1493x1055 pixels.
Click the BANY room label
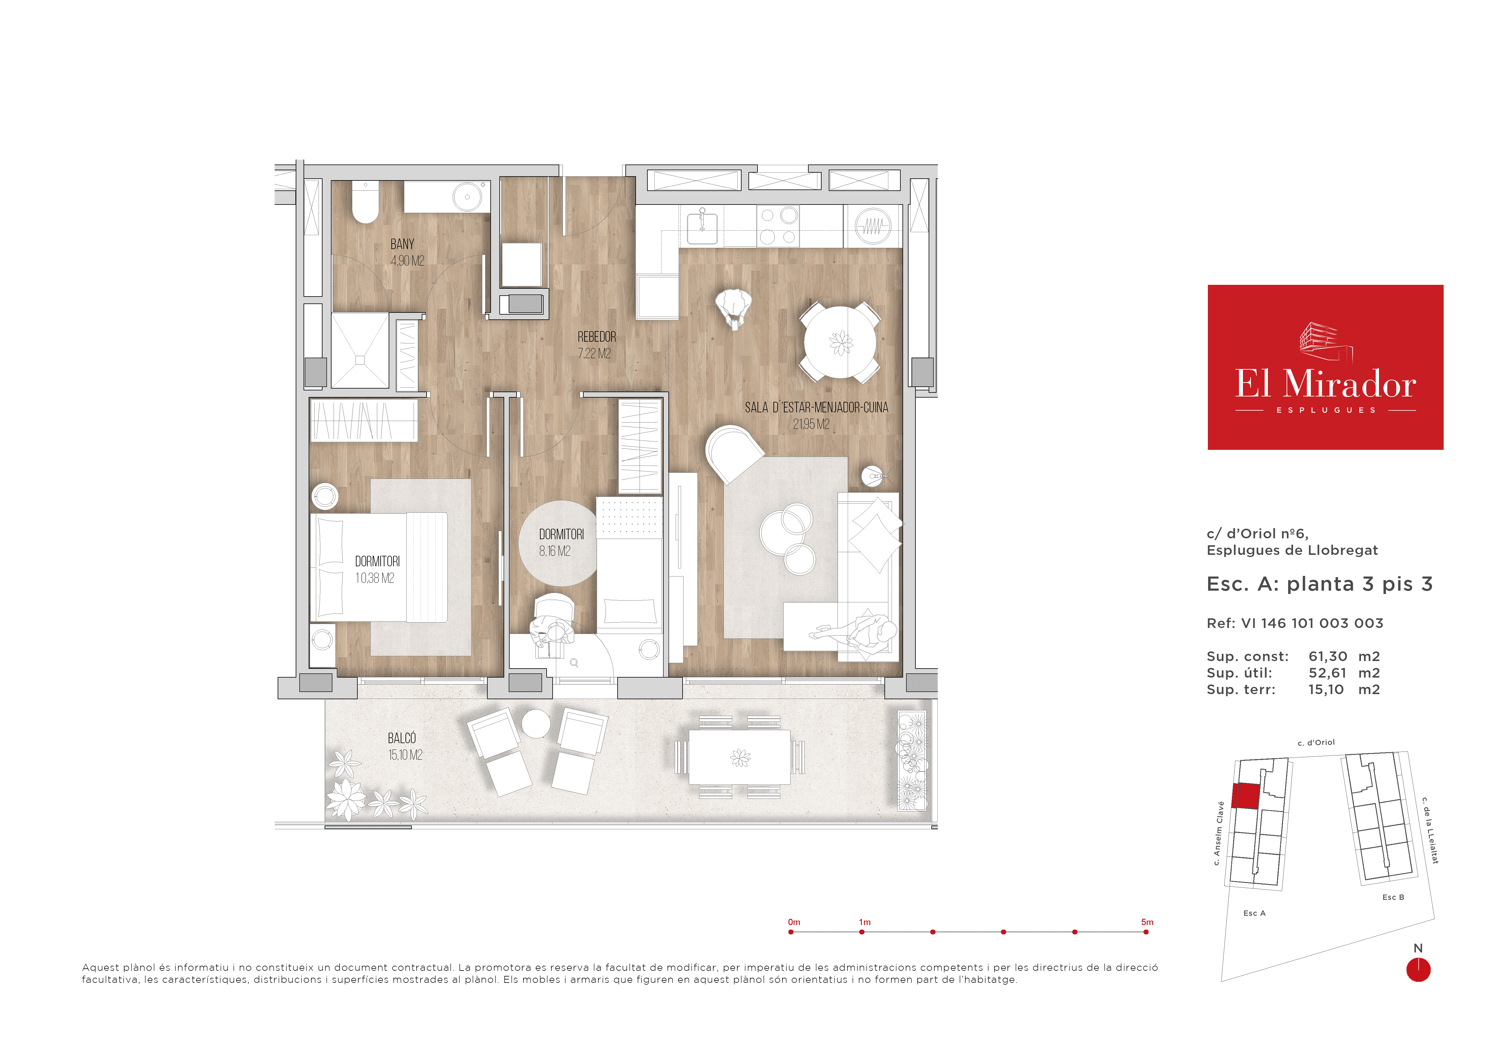[402, 245]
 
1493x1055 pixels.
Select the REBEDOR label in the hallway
[596, 337]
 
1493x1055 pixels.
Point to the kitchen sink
[702, 225]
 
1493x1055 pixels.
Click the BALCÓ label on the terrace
[402, 738]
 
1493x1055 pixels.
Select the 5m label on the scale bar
[1147, 922]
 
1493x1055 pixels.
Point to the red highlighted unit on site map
[1245, 796]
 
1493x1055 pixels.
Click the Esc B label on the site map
[1393, 897]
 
